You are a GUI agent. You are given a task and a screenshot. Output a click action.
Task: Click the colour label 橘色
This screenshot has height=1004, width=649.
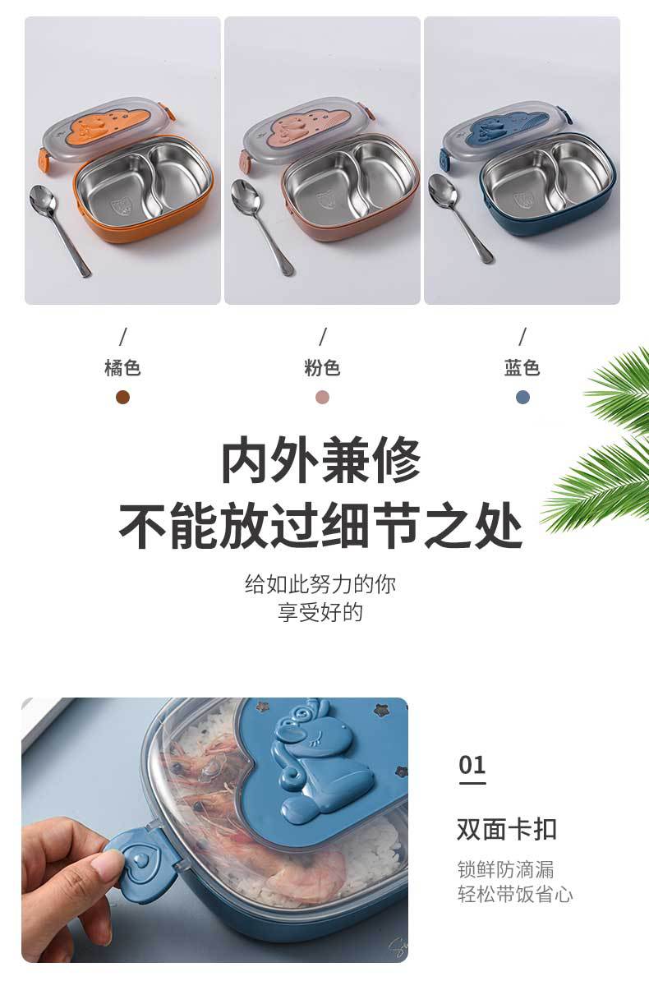coord(122,367)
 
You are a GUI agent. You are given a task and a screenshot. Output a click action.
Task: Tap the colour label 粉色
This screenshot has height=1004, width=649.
coord(322,367)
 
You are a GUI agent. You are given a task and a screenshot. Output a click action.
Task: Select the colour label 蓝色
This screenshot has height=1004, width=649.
coord(522,367)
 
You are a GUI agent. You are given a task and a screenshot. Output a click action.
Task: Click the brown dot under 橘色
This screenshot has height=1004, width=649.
coord(122,398)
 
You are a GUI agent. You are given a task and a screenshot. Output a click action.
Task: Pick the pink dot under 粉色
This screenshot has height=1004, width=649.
coord(322,398)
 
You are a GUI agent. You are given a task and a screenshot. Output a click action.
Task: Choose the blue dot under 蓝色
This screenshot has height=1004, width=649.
coord(522,398)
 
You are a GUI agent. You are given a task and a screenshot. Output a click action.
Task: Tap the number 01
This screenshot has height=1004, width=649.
coord(472,765)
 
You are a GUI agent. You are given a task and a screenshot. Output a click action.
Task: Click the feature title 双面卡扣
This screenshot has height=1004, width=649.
coord(507,829)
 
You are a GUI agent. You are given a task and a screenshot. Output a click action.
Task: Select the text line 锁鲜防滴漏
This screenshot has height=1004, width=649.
coord(505,869)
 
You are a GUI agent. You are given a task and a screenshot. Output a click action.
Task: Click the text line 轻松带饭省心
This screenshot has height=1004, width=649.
coord(515,894)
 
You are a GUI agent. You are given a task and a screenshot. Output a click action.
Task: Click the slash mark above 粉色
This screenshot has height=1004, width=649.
coord(323,336)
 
